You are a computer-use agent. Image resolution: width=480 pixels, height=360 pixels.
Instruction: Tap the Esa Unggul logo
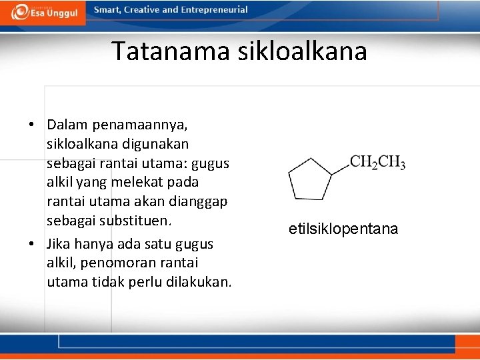44,13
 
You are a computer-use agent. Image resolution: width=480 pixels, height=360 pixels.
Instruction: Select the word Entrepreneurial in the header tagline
213,10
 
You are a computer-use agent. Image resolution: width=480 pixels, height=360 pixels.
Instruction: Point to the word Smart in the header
108,10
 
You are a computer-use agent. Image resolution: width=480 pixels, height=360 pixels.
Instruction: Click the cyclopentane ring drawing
309,178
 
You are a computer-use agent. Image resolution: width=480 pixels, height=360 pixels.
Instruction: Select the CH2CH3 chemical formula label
377,162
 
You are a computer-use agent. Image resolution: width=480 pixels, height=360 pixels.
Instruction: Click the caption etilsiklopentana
343,229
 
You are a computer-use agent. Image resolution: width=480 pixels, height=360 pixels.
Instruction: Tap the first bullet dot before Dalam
31,125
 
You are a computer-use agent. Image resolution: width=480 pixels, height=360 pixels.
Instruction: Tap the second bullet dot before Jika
31,244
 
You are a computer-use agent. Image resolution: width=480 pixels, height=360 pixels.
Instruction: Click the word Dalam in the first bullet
67,125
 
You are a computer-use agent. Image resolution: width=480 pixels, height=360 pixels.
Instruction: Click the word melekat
142,182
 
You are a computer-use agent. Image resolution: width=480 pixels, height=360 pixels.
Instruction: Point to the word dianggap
192,201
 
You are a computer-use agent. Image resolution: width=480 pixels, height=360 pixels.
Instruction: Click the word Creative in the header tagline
149,10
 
